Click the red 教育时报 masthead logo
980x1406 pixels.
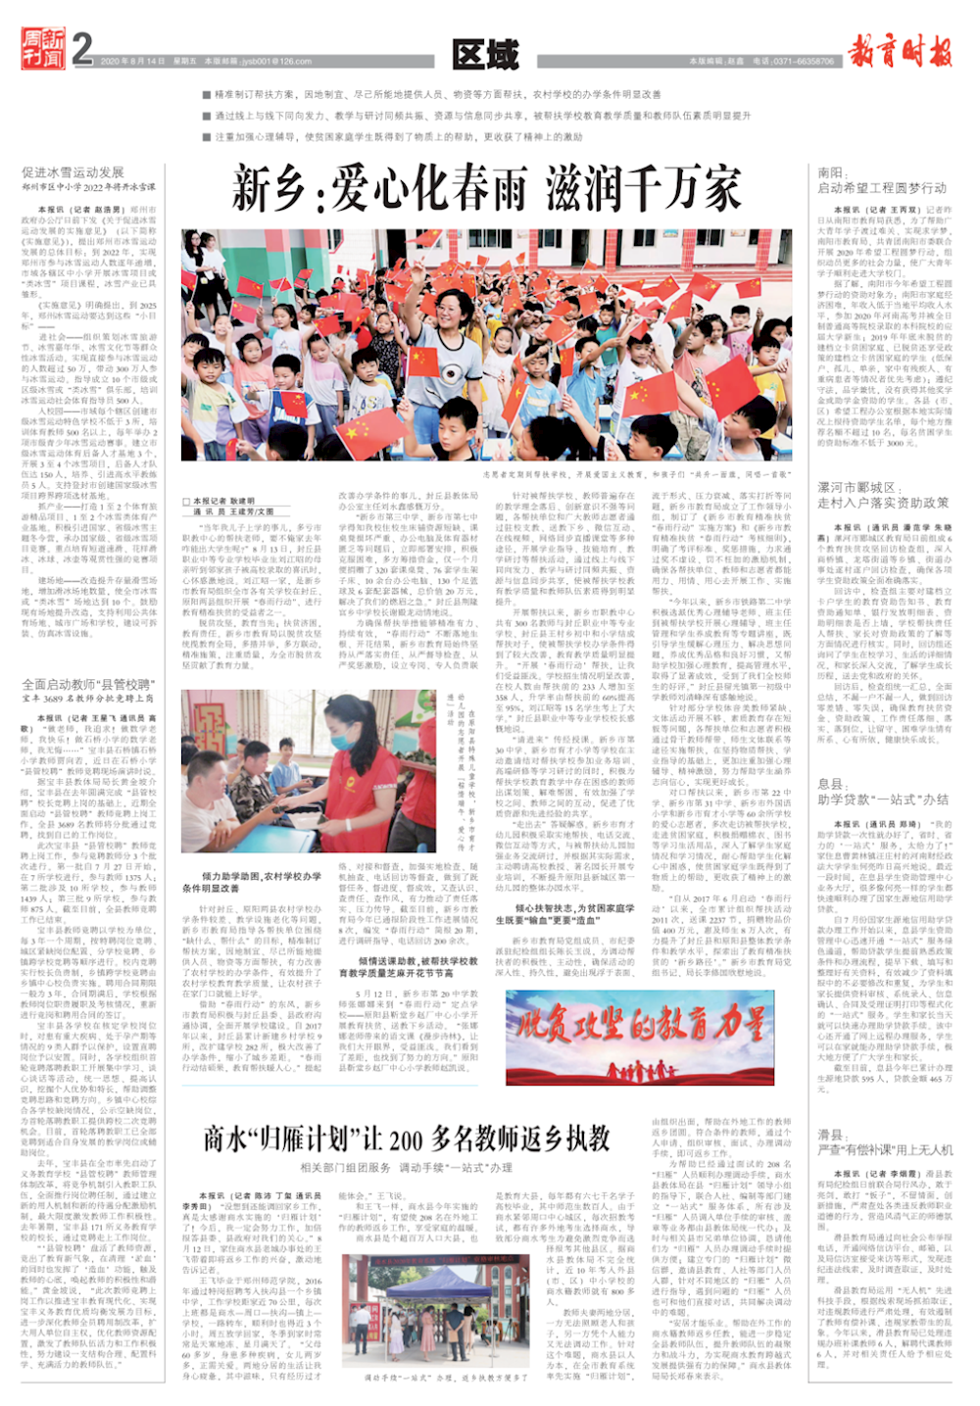(x=900, y=49)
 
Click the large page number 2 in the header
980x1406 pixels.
(x=82, y=49)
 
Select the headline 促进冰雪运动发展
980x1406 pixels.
(x=73, y=172)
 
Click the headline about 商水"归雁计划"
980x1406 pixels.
(x=407, y=1139)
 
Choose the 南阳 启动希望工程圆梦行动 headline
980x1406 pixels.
(x=882, y=180)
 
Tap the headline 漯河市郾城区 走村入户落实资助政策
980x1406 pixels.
(x=882, y=495)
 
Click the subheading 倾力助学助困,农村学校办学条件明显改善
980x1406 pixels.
(x=252, y=882)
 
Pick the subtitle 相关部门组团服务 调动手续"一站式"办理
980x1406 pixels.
(x=407, y=1167)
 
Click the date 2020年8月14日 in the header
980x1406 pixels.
(x=132, y=62)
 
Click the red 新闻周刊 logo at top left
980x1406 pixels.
(x=44, y=49)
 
